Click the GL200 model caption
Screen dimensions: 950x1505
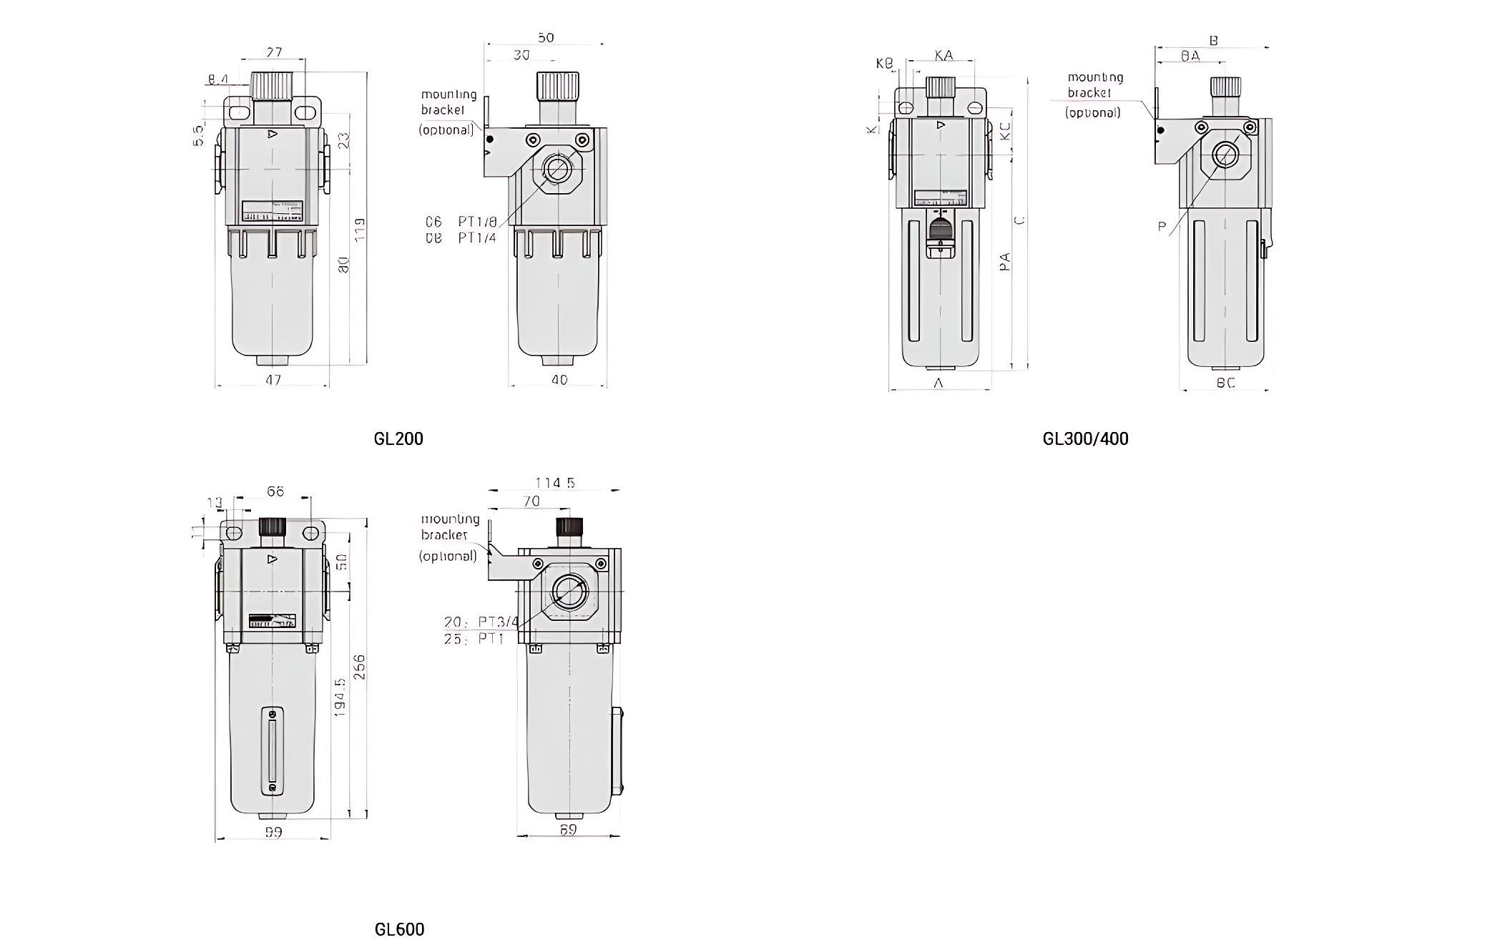coord(398,439)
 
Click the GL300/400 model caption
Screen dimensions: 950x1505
coord(1085,439)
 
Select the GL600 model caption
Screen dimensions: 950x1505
coord(399,929)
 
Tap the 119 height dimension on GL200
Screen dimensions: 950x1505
coord(360,229)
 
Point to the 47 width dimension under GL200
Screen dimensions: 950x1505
coord(273,380)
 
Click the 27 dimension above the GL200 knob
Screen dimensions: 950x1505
coord(274,52)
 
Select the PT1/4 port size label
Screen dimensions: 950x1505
coord(476,237)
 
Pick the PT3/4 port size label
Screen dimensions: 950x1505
coord(498,622)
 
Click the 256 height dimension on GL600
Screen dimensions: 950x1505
coord(360,666)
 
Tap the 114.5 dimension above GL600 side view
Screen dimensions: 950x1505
coord(554,483)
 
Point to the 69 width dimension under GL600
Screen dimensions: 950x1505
coord(568,830)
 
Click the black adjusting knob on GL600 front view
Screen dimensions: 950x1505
coord(273,527)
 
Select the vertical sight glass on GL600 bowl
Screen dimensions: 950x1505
coord(272,751)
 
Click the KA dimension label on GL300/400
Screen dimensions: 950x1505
coord(943,55)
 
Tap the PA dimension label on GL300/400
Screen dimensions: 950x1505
coord(1005,261)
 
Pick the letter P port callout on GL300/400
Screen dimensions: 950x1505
coord(1162,227)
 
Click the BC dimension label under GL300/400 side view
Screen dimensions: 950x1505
coord(1225,383)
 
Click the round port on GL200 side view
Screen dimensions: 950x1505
coord(557,170)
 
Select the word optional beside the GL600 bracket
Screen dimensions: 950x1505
coord(448,557)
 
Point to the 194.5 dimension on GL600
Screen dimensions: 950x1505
coord(340,697)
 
